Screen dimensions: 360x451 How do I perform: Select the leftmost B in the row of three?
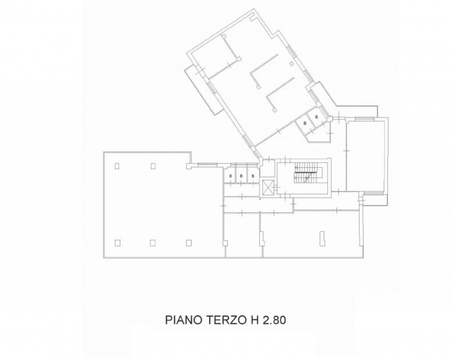click(x=231, y=176)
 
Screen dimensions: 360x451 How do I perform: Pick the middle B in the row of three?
click(x=242, y=176)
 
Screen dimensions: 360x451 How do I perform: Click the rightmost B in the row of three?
click(x=253, y=176)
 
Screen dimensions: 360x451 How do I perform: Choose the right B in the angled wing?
click(x=317, y=117)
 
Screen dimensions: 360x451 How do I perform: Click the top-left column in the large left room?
click(x=117, y=166)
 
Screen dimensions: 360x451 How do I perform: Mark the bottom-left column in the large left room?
click(x=117, y=243)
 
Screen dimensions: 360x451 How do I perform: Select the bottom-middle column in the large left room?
click(x=153, y=243)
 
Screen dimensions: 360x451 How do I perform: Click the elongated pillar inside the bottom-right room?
click(x=322, y=238)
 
